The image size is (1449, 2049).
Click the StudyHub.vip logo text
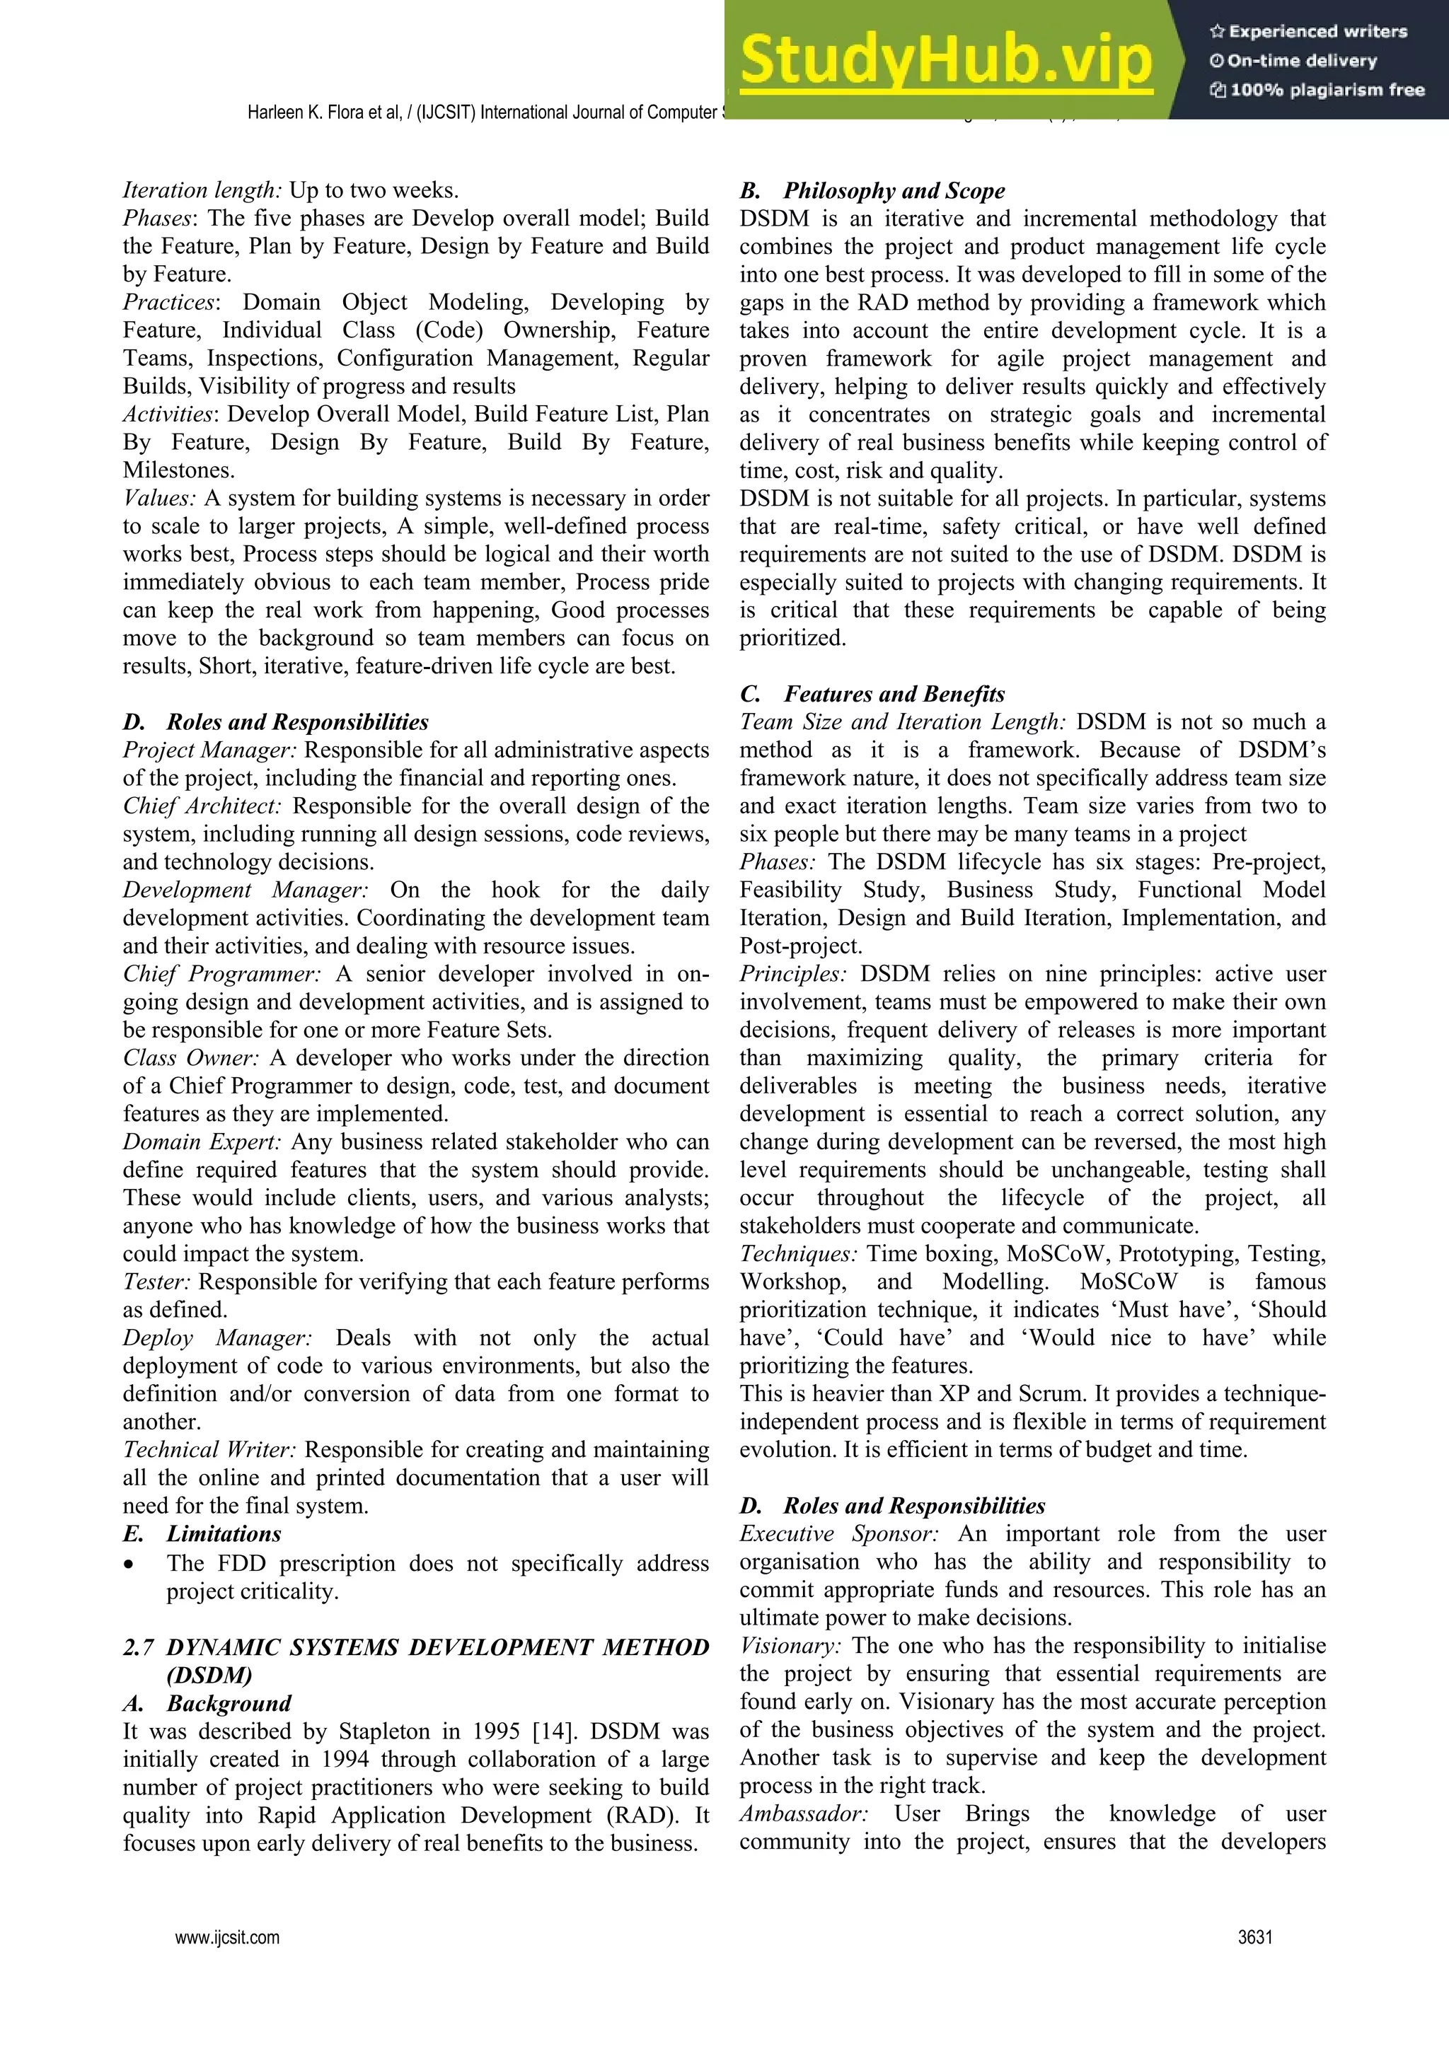tap(947, 61)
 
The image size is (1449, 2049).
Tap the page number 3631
tap(1254, 1937)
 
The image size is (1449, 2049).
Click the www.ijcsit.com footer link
tap(228, 1937)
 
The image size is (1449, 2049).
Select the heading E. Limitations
tap(202, 1534)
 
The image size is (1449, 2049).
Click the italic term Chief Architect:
tap(202, 806)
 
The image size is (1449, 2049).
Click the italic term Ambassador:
tap(804, 1813)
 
